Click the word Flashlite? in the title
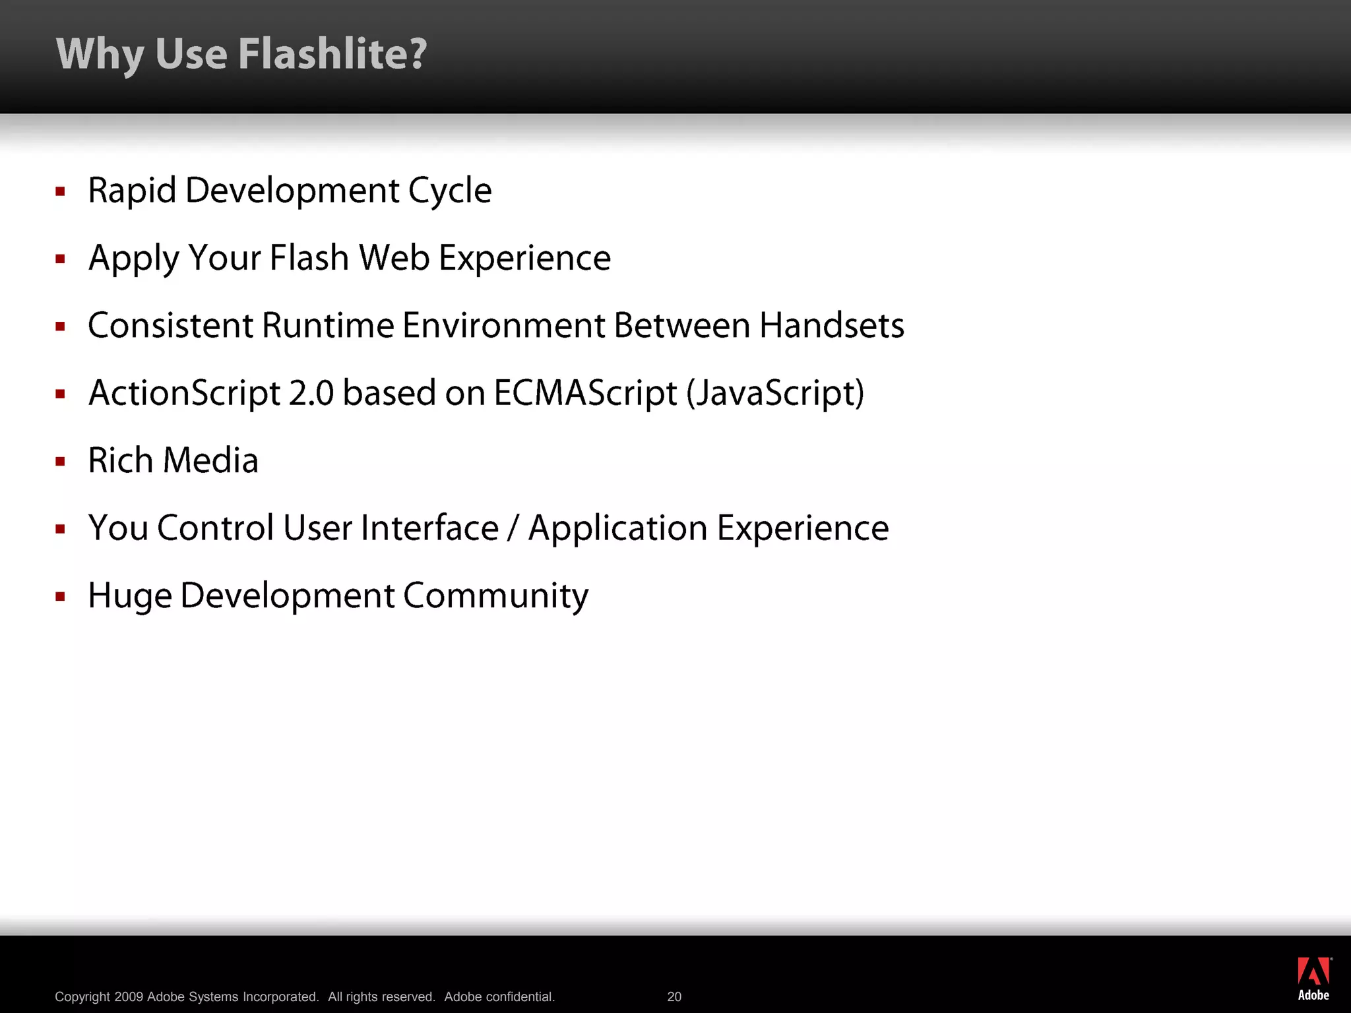332,54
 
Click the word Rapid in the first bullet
132,191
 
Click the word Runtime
328,326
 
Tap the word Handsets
831,326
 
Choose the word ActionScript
185,394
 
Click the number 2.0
311,394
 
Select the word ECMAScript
585,394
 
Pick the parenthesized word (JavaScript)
775,394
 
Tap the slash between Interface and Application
513,529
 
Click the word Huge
129,597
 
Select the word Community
495,597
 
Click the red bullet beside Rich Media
61,462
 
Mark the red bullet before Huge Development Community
61,597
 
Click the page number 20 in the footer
674,997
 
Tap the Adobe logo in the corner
1313,979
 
